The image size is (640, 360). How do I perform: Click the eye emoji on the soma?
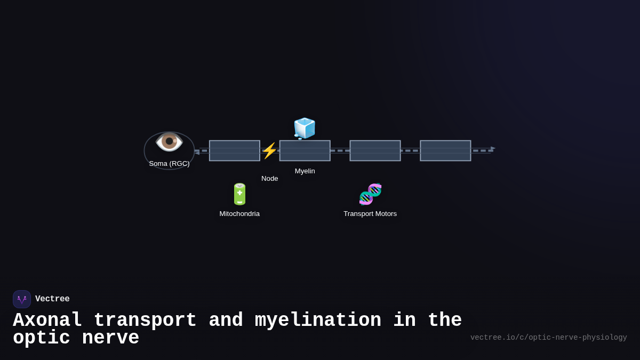(x=169, y=141)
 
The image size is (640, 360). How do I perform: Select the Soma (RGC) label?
(x=169, y=164)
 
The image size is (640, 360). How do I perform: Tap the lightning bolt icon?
(x=269, y=151)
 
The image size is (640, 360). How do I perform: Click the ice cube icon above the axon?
(x=305, y=129)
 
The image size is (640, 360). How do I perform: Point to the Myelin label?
(x=305, y=171)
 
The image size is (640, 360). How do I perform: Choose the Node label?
(x=269, y=179)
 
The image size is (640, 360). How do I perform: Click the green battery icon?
(x=239, y=194)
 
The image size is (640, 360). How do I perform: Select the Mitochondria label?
(x=239, y=214)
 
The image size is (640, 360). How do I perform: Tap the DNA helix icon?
(x=370, y=194)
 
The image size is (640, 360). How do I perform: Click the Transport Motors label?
(x=370, y=214)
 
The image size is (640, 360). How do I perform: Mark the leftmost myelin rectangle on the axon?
(x=235, y=151)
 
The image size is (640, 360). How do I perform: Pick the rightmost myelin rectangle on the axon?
(x=445, y=151)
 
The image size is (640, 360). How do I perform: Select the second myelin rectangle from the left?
(x=305, y=151)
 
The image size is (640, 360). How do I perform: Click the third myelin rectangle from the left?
(x=375, y=151)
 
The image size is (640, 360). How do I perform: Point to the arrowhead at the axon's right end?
(x=493, y=148)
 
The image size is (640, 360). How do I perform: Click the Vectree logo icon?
(x=22, y=299)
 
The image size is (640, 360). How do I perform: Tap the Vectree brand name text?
(x=52, y=299)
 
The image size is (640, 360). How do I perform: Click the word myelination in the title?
(x=318, y=321)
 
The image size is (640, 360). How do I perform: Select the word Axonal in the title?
(x=47, y=321)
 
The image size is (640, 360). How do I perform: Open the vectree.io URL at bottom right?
(x=548, y=338)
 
